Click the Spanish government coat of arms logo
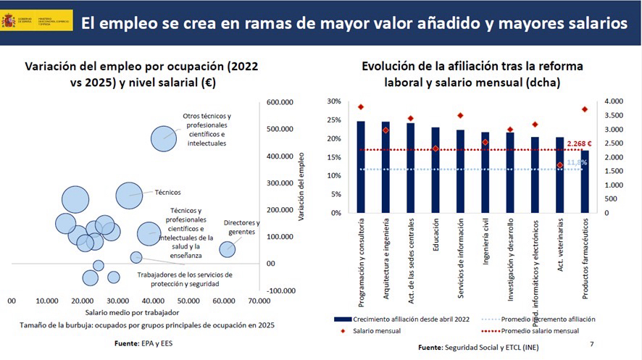click(x=10, y=20)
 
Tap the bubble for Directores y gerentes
click(x=228, y=249)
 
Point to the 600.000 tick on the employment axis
click(x=281, y=102)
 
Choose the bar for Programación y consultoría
click(x=361, y=167)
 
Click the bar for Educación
click(x=435, y=170)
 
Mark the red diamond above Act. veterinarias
click(x=559, y=165)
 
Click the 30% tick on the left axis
click(x=334, y=101)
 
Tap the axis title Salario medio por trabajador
click(x=133, y=311)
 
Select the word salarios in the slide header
click(x=591, y=23)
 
